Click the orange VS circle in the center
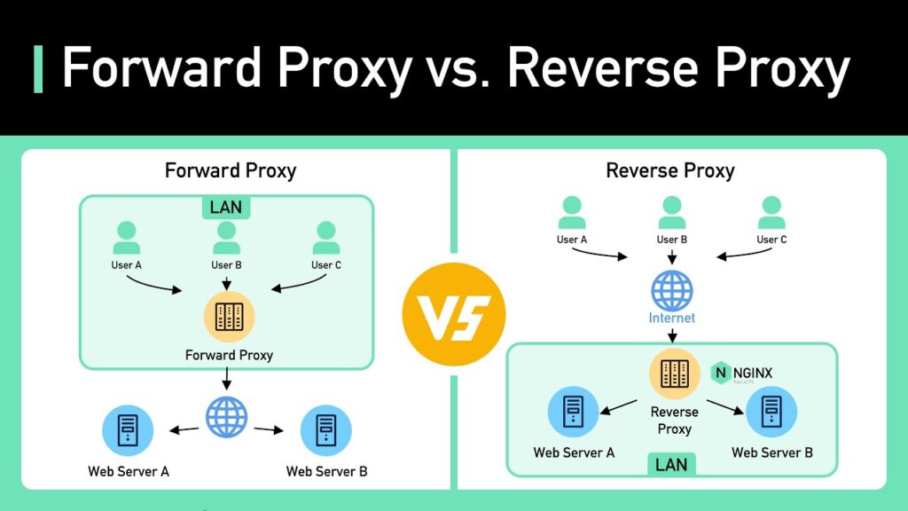click(x=453, y=316)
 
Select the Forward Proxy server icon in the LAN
click(x=229, y=317)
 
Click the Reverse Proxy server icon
click(x=674, y=373)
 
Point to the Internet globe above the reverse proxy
click(x=672, y=290)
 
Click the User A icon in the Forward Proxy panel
click(x=126, y=238)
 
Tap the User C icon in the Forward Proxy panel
click(x=326, y=238)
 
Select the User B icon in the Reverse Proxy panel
click(x=672, y=213)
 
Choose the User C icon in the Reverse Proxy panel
click(x=772, y=213)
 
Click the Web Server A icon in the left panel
click(x=128, y=430)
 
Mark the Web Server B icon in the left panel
click(x=326, y=430)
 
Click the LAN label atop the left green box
click(x=226, y=208)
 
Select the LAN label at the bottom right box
click(x=671, y=464)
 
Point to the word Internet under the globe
click(x=672, y=318)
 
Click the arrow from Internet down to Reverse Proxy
click(x=672, y=336)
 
